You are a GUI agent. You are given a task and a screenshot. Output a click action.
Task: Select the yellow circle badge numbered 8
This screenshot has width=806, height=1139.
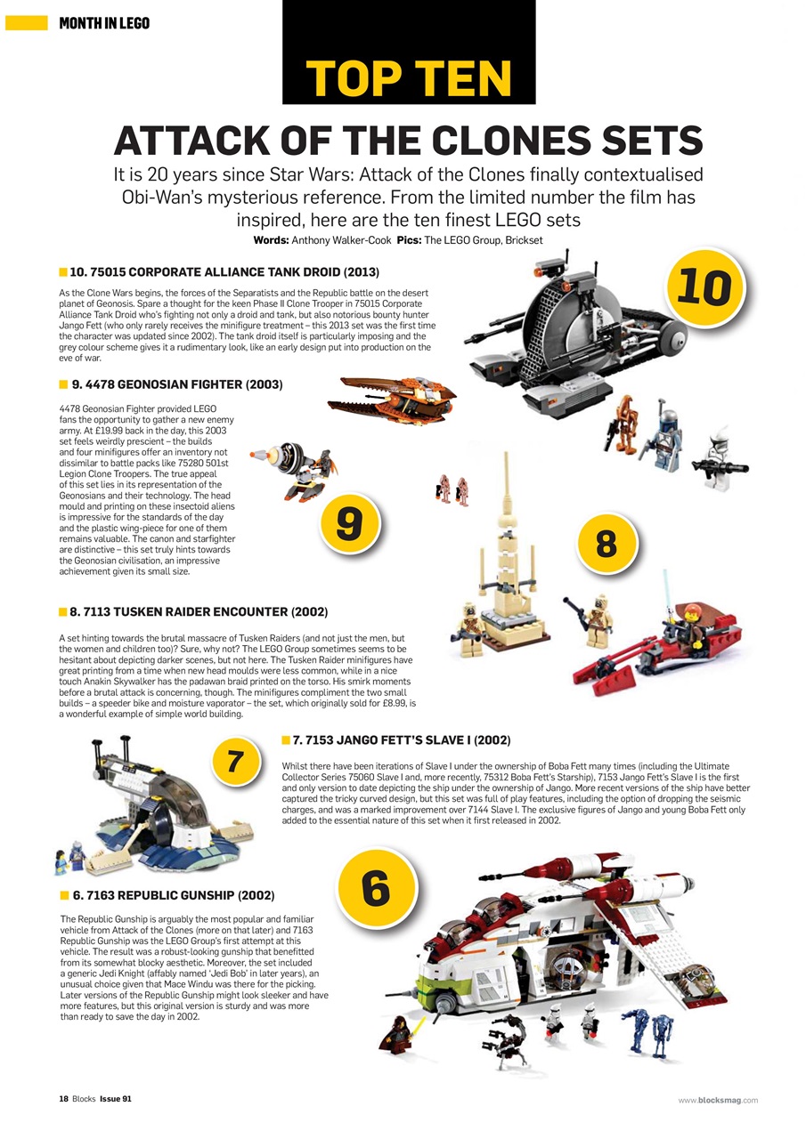[607, 542]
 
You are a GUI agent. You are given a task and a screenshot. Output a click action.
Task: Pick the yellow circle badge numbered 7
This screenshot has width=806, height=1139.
[235, 762]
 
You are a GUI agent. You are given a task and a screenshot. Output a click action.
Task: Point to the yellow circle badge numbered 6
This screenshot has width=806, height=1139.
[375, 887]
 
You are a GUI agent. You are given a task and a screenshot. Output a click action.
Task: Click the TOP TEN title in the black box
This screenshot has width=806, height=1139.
[409, 78]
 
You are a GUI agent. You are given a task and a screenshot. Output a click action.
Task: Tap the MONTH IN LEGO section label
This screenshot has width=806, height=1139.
[104, 22]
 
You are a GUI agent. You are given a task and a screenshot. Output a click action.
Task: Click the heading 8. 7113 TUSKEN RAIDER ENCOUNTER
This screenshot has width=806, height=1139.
[198, 612]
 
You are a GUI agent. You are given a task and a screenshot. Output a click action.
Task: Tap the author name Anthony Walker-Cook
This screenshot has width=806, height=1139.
[339, 240]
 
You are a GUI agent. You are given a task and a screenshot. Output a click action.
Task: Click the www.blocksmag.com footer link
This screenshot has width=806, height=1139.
[718, 1100]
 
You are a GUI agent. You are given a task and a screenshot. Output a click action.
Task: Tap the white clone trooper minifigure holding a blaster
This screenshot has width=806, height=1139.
[720, 460]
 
